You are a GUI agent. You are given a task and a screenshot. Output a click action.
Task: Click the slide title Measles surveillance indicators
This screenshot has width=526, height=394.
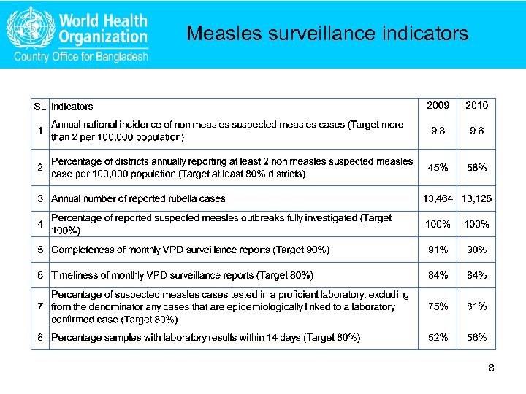[x=327, y=34]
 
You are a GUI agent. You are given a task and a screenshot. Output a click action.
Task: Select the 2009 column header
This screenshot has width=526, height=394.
[x=438, y=106]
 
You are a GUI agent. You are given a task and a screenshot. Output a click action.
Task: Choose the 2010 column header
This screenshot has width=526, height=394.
[x=477, y=106]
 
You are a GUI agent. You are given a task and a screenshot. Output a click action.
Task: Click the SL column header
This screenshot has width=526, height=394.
[x=40, y=107]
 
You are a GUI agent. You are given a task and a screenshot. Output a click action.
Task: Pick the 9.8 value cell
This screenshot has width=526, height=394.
[x=438, y=131]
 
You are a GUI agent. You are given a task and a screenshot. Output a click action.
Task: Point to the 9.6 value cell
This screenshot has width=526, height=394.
[x=477, y=131]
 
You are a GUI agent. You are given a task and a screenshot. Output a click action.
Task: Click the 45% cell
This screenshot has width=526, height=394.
[x=438, y=168]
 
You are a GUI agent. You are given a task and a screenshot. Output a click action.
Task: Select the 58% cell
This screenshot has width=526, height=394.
[x=477, y=168]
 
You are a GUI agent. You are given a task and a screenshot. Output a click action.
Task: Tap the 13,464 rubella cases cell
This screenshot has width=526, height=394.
[x=438, y=198]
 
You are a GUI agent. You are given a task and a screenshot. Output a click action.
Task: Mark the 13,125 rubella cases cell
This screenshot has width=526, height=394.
[x=477, y=198]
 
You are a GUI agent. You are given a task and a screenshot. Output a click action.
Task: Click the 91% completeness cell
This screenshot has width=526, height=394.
[x=438, y=250]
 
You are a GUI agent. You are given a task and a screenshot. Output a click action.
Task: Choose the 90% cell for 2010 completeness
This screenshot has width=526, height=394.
[x=477, y=250]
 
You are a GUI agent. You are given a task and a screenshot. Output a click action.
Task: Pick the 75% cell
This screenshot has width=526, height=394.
[x=438, y=307]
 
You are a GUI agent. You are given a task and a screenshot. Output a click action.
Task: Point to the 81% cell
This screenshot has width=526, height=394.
[x=477, y=307]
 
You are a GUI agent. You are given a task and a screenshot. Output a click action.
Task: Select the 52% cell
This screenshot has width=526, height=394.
[x=438, y=337]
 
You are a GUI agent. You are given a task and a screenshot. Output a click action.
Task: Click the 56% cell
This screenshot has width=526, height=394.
[x=477, y=337]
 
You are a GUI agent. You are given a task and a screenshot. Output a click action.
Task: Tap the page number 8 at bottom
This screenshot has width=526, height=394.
[x=492, y=368]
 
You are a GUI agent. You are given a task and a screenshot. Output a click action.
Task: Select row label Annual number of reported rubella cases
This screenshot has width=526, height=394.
[x=138, y=198]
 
